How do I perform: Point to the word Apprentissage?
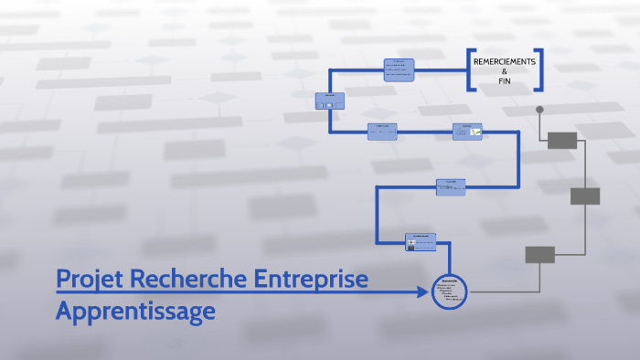135,311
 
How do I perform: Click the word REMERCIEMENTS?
504,61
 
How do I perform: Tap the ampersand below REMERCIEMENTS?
504,71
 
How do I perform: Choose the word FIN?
504,81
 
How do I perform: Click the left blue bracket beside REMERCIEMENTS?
470,69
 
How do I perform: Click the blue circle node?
449,291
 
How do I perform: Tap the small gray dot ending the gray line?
539,110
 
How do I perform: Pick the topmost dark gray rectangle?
562,140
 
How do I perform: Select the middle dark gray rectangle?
585,196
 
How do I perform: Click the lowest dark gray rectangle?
539,255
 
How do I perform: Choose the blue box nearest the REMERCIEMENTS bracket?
399,70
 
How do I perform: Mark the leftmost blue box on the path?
329,101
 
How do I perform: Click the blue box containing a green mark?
467,132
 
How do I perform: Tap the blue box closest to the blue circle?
421,241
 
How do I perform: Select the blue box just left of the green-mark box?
382,132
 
